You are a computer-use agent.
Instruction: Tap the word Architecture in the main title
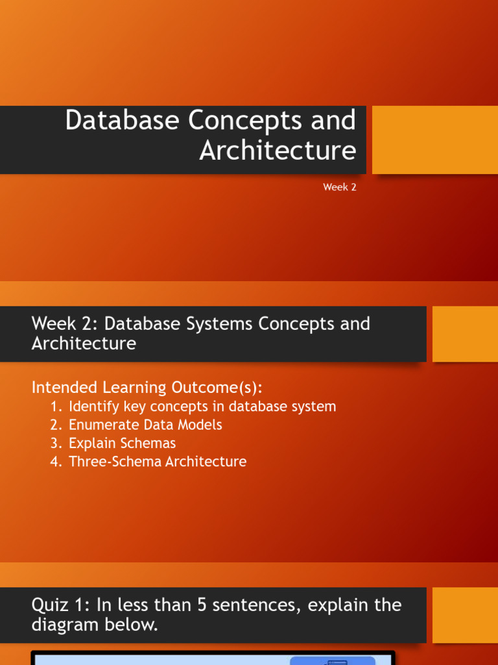[x=278, y=151]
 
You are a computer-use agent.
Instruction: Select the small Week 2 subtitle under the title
[x=340, y=188]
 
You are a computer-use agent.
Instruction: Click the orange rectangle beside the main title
[x=435, y=140]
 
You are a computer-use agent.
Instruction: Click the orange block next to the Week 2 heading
[x=465, y=334]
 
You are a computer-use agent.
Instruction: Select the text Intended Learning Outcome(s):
[x=147, y=388]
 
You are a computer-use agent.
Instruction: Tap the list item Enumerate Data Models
[x=145, y=425]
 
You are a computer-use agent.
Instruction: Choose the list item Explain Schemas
[x=122, y=444]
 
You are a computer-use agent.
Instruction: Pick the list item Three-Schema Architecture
[x=158, y=462]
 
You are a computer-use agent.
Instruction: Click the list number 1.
[x=55, y=407]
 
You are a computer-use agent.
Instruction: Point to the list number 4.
[x=55, y=462]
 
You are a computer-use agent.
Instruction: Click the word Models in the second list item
[x=200, y=425]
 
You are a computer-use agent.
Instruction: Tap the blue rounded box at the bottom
[x=332, y=660]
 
